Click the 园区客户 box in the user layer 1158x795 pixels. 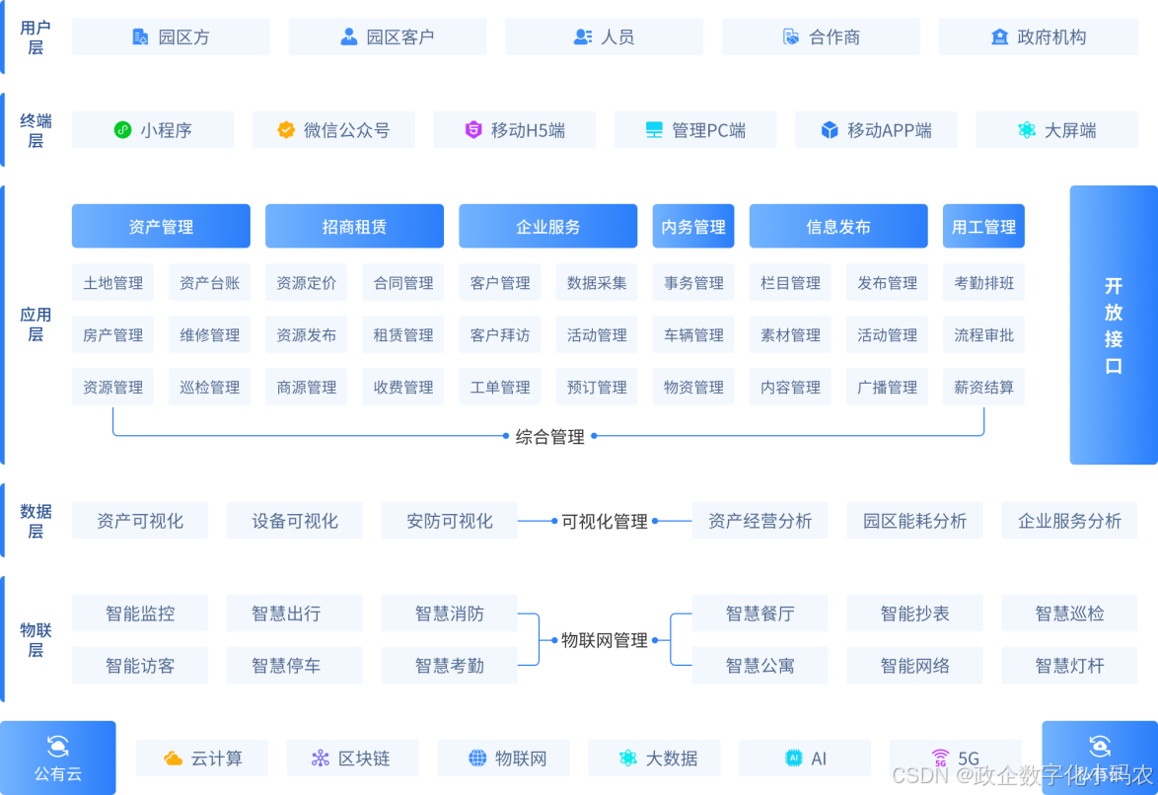387,36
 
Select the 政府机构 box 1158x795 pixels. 1038,36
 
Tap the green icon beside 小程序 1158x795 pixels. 122,130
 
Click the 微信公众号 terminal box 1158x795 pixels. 333,130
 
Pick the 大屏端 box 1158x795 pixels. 1056,130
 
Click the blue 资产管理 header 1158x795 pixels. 161,227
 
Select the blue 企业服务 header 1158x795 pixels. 547,227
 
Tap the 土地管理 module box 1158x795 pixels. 112,283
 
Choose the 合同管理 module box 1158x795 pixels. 402,283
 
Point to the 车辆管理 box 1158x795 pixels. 693,335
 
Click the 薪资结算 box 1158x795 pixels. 983,388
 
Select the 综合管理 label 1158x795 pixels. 549,437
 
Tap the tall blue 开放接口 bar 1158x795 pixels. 1113,325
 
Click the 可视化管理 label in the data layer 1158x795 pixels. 604,522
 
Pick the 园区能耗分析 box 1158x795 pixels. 914,521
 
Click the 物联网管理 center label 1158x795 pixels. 605,641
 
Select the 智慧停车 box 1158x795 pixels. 294,666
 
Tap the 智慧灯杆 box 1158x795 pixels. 1069,666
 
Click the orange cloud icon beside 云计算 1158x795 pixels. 173,759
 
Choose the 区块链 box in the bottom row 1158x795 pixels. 352,759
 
